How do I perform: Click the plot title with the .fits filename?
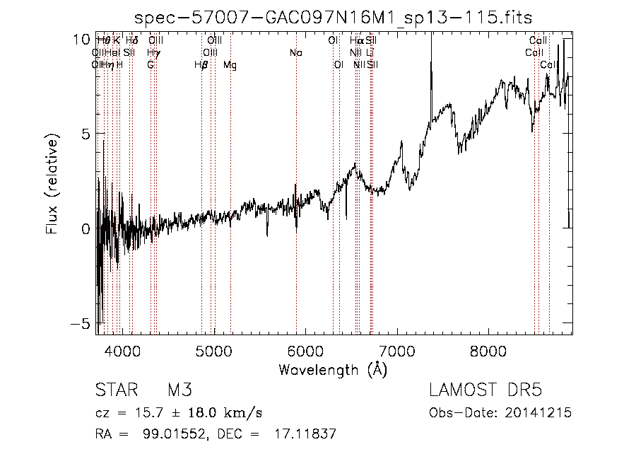click(x=334, y=18)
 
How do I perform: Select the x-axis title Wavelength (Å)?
click(x=334, y=369)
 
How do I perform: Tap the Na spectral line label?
click(x=296, y=52)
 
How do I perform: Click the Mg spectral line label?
click(x=230, y=65)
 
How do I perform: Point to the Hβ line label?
click(x=201, y=65)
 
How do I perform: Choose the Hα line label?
click(x=356, y=40)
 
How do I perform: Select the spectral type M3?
click(x=179, y=391)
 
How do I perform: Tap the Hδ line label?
click(x=132, y=40)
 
